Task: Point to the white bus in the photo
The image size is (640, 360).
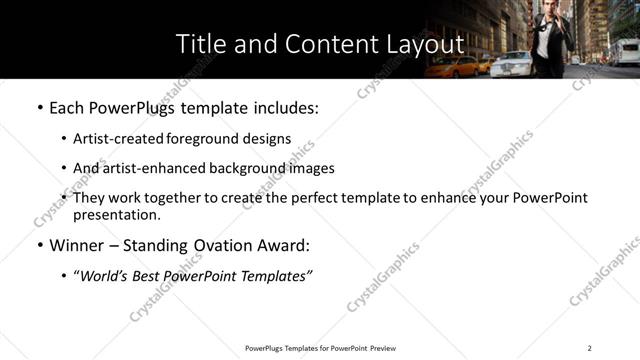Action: coord(625,51)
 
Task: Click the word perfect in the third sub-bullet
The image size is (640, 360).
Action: coord(331,198)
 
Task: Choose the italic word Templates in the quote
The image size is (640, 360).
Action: coord(271,276)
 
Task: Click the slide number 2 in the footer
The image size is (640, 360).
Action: coord(589,348)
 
